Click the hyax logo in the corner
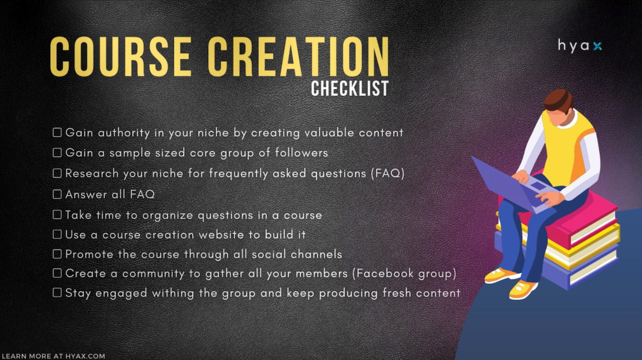[579, 46]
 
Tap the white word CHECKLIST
[350, 88]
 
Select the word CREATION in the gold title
[299, 57]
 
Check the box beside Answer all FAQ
[57, 194]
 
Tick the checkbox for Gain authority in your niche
[57, 133]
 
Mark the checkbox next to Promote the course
[57, 254]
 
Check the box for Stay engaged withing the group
[57, 293]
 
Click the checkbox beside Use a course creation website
[57, 234]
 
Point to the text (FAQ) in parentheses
[388, 173]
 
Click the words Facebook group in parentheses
[404, 273]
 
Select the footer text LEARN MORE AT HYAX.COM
[53, 356]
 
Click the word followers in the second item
[302, 153]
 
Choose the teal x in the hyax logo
[597, 46]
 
